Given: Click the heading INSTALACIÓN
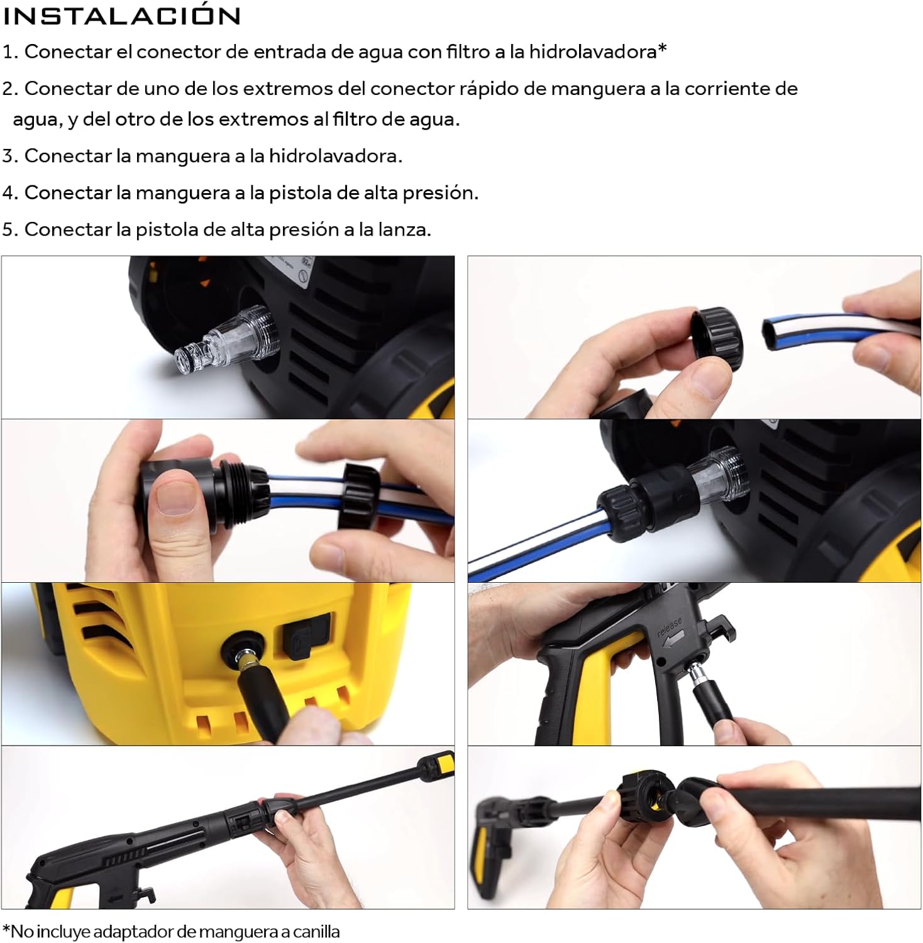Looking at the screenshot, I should (x=122, y=16).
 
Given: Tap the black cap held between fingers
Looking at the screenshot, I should (x=717, y=338).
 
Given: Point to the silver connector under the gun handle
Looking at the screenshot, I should (x=697, y=675).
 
